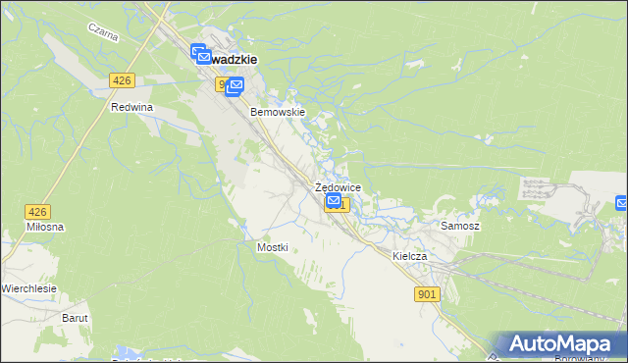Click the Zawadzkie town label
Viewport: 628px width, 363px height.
pyautogui.click(x=234, y=59)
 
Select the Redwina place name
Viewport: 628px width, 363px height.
pyautogui.click(x=132, y=107)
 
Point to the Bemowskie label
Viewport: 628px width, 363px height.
pyautogui.click(x=279, y=112)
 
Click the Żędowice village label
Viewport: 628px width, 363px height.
pyautogui.click(x=338, y=187)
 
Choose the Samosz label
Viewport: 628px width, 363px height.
pyautogui.click(x=459, y=226)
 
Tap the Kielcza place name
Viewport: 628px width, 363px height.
pyautogui.click(x=410, y=255)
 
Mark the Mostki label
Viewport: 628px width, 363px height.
pyautogui.click(x=272, y=247)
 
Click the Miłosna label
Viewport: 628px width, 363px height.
pyautogui.click(x=45, y=228)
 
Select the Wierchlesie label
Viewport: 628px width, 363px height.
pyautogui.click(x=28, y=288)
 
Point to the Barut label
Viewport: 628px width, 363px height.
pyautogui.click(x=76, y=318)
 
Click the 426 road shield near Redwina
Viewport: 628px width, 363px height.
pyautogui.click(x=122, y=80)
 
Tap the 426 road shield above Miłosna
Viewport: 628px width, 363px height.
pyautogui.click(x=37, y=211)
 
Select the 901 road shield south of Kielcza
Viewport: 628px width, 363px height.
pyautogui.click(x=427, y=293)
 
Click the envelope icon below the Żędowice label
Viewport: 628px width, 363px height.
pyautogui.click(x=334, y=201)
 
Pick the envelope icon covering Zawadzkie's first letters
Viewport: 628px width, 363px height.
pyautogui.click(x=198, y=55)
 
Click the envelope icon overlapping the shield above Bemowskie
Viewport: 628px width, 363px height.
pyautogui.click(x=235, y=88)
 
